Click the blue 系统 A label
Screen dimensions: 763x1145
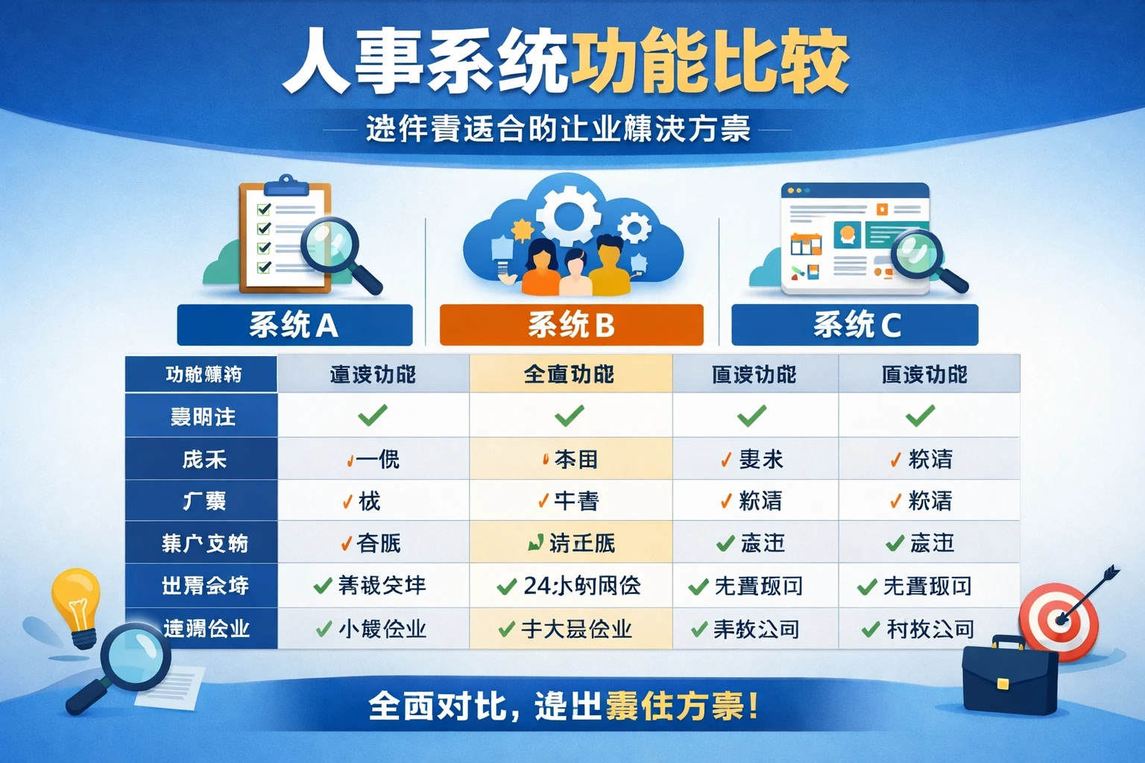click(x=294, y=325)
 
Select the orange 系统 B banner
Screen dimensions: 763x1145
click(x=571, y=325)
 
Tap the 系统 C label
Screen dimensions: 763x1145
click(x=855, y=325)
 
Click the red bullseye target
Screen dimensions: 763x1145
click(x=1058, y=621)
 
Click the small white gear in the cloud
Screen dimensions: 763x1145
click(x=634, y=227)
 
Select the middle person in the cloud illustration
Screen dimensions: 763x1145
click(x=575, y=272)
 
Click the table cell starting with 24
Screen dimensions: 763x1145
click(x=570, y=586)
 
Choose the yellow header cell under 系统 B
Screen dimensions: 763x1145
click(x=570, y=374)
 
